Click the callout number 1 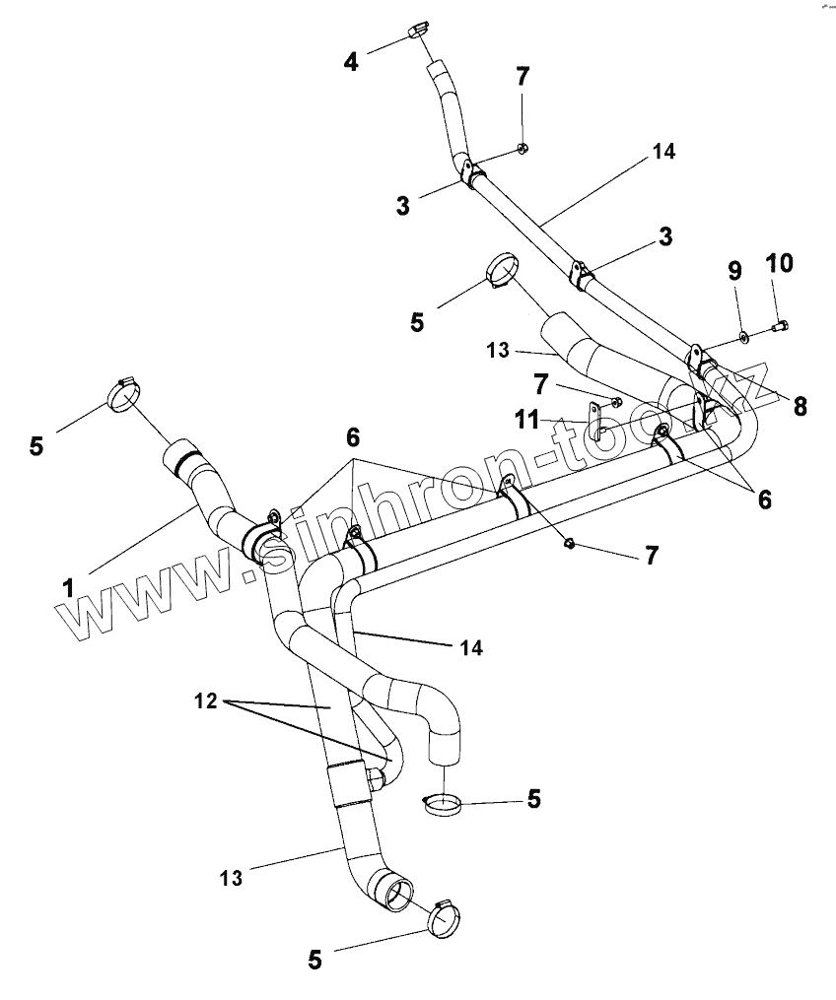pos(68,587)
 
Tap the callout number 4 pos(351,61)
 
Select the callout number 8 pos(800,406)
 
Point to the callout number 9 pos(734,269)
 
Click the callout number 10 pos(778,263)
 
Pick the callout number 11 pos(526,421)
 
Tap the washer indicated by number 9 pos(743,338)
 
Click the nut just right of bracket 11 pos(616,401)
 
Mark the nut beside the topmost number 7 pos(524,149)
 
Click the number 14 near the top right pos(662,153)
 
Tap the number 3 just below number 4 pos(402,206)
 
